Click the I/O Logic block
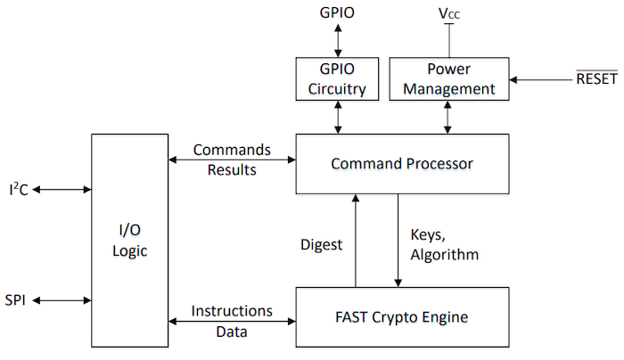[x=129, y=241]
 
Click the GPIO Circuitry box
[x=338, y=79]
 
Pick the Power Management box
[x=448, y=79]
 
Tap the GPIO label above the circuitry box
[x=338, y=13]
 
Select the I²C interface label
[x=18, y=189]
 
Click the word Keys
[x=428, y=236]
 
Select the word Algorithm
[x=445, y=255]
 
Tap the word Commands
[x=232, y=150]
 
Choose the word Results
[x=232, y=169]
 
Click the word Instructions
[x=232, y=311]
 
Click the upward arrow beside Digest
[x=356, y=241]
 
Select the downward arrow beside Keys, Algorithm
[x=398, y=241]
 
